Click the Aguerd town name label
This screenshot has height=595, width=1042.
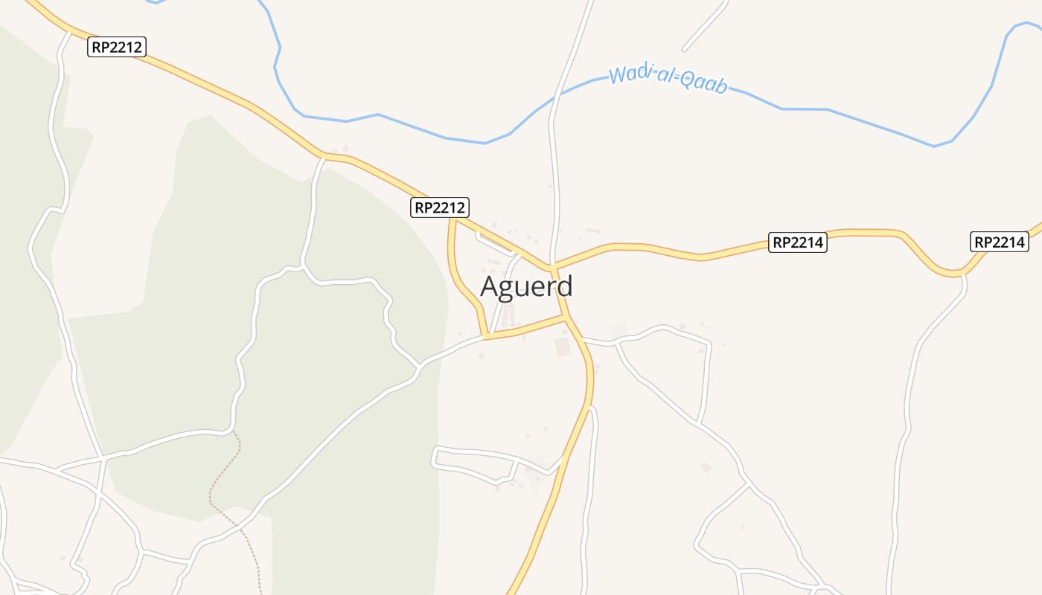point(526,286)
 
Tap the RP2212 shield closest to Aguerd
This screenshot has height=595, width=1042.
point(440,208)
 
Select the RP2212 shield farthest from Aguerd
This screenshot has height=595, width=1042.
point(117,47)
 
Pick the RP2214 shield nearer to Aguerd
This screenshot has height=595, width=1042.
point(797,242)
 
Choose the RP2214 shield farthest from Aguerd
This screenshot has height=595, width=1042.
point(1000,242)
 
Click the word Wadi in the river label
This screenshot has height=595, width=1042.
point(625,74)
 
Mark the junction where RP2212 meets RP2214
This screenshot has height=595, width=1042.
point(554,266)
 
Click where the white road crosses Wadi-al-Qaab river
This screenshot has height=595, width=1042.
point(554,97)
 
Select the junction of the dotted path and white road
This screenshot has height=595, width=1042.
point(234,431)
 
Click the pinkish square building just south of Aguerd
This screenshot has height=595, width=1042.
point(563,347)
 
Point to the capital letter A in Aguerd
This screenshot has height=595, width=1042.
point(489,287)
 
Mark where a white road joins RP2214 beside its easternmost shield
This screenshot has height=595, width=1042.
point(963,274)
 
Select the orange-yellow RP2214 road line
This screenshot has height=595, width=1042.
point(655,248)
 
